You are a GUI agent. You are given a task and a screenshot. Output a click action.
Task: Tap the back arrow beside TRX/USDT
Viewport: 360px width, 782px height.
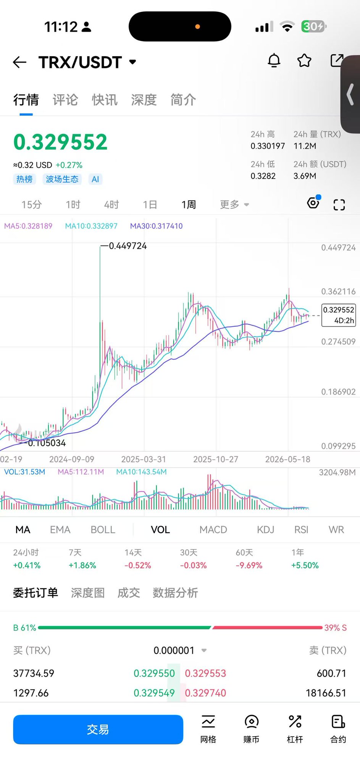[x=19, y=62]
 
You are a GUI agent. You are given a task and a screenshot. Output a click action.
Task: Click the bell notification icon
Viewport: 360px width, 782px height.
[x=274, y=61]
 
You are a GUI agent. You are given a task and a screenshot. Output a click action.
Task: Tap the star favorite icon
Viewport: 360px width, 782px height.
[x=304, y=60]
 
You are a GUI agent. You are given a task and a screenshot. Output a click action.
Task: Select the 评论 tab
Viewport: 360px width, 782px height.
[x=65, y=100]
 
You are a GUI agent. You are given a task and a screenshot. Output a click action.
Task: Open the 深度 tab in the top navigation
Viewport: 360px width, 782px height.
[x=144, y=100]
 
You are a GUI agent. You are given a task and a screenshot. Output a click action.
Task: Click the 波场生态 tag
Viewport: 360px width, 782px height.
[x=62, y=179]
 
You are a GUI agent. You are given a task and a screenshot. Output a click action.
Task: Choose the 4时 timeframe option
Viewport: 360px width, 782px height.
[x=111, y=205]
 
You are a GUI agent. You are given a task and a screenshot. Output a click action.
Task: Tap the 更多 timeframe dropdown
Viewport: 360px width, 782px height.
[x=234, y=205]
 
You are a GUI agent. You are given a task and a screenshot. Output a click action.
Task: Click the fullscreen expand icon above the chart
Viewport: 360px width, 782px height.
[x=339, y=205]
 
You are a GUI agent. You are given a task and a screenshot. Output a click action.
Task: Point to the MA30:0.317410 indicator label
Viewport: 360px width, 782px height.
[x=156, y=226]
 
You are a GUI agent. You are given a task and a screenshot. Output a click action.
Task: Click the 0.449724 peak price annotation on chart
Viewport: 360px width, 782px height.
[x=128, y=246]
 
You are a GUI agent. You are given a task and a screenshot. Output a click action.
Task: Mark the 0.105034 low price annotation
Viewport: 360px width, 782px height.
[x=47, y=443]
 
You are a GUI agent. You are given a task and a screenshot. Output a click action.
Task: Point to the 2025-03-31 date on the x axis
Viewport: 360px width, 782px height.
[x=144, y=459]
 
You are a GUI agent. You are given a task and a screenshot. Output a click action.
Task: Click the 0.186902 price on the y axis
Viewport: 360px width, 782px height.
[x=338, y=392]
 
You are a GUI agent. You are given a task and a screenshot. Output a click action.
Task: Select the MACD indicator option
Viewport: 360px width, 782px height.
[x=213, y=530]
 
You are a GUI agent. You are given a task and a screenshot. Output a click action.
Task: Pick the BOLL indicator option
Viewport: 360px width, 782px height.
[x=103, y=530]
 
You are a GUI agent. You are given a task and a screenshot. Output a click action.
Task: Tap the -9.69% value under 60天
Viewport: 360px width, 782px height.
[x=249, y=565]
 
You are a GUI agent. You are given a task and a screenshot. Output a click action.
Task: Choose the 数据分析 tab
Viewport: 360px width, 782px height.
[x=175, y=593]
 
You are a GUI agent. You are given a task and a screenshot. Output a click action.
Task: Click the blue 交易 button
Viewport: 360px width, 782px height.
[x=98, y=729]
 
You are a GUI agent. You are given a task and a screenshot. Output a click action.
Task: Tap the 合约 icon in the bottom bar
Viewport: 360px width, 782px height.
[x=338, y=729]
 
